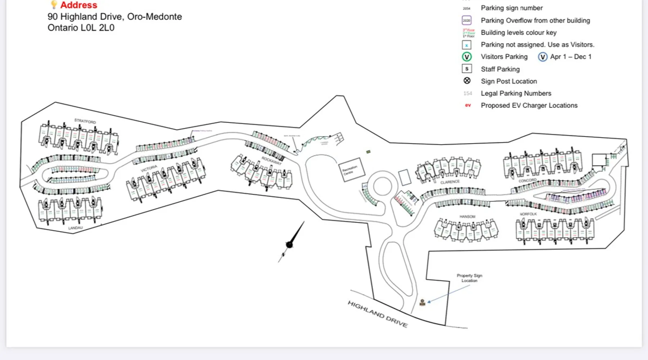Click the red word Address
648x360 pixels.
tap(78, 5)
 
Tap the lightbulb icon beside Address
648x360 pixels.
tap(54, 4)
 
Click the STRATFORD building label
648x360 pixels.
tap(85, 121)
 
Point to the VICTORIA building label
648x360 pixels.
tap(149, 168)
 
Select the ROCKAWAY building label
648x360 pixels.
tap(271, 161)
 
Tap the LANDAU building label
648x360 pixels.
tap(75, 228)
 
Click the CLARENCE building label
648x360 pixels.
tap(450, 182)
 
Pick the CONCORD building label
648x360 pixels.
tap(527, 180)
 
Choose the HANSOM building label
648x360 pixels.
tap(467, 217)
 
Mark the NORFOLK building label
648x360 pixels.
tap(528, 214)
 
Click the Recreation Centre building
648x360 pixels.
tap(351, 170)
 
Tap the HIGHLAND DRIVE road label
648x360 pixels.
tap(377, 314)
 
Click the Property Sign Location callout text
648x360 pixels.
tap(469, 278)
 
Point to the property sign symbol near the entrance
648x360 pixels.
tap(423, 302)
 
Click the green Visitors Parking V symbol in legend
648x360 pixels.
tap(467, 57)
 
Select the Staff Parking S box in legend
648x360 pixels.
tap(467, 69)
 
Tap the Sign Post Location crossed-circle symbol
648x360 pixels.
tap(467, 81)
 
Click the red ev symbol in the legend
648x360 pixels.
tap(468, 105)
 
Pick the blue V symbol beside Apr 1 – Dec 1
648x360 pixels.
tap(543, 57)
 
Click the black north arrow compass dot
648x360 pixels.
tap(289, 245)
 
